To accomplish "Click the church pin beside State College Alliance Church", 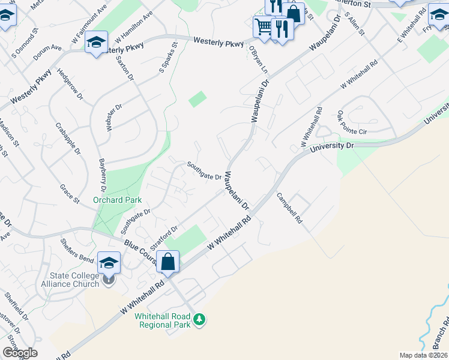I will [x=108, y=280].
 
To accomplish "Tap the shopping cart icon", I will [x=263, y=26].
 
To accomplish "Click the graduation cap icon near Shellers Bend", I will [x=109, y=263].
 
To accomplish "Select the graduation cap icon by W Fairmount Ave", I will [x=96, y=43].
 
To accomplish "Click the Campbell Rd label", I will [x=289, y=208].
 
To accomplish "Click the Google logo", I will [x=20, y=353].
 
